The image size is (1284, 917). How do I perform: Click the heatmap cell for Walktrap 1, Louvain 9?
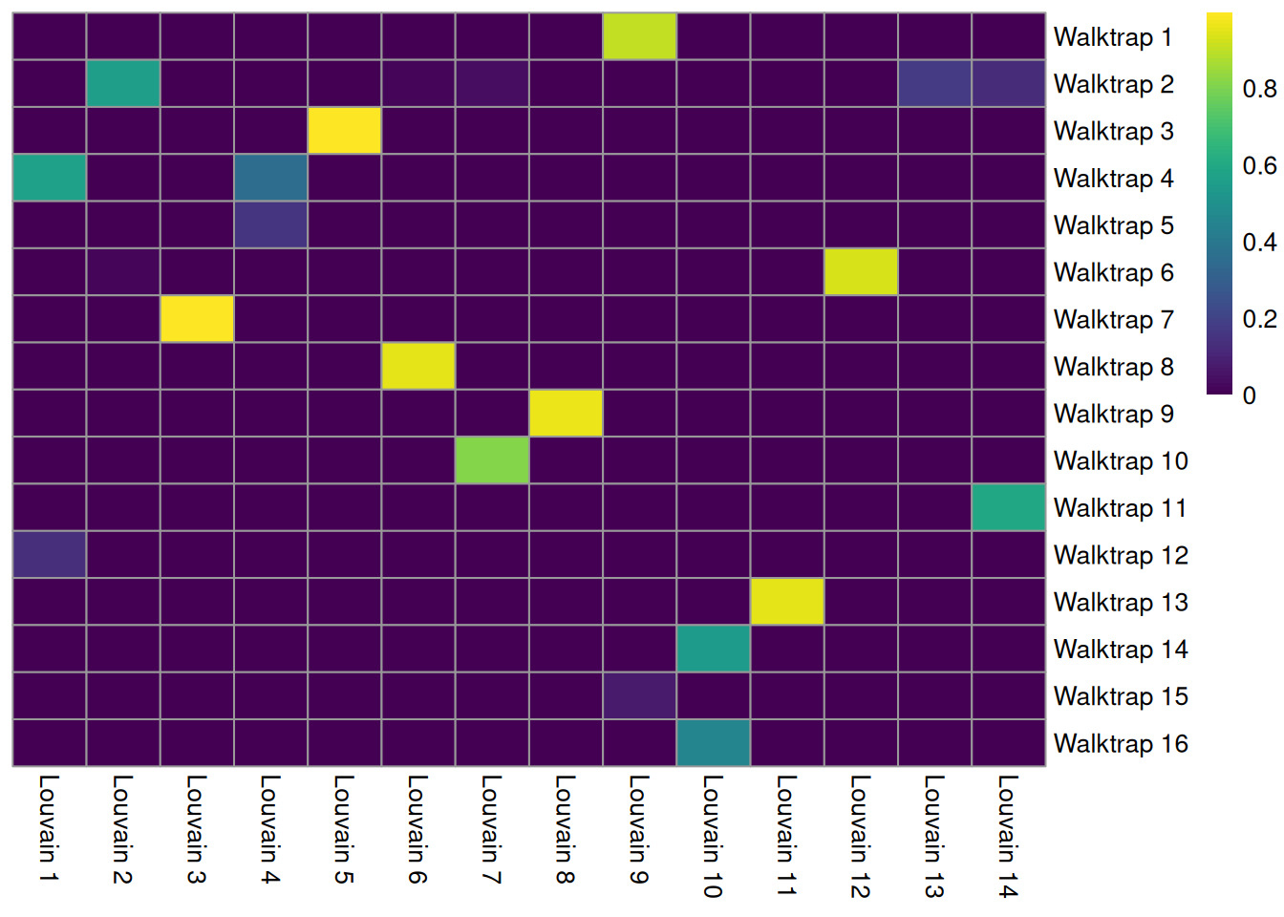[639, 36]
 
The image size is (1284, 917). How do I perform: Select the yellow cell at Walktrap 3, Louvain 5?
[344, 131]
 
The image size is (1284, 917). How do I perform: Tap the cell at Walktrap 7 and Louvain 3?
[197, 319]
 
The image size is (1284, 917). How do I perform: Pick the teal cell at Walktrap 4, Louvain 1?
[50, 178]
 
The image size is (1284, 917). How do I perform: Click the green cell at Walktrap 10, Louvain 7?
[492, 460]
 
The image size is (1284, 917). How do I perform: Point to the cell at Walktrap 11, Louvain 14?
[1008, 507]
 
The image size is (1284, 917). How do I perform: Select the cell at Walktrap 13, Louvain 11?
[787, 602]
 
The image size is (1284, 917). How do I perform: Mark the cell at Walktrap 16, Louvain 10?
[714, 743]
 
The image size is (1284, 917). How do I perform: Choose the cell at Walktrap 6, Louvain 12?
[861, 272]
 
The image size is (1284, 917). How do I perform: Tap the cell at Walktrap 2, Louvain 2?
[123, 84]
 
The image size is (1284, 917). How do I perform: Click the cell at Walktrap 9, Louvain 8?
[566, 414]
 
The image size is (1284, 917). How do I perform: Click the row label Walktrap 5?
[1113, 225]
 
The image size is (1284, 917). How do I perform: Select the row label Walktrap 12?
[1121, 555]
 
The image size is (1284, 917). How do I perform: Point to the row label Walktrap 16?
[1121, 743]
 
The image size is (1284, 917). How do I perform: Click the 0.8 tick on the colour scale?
[1258, 90]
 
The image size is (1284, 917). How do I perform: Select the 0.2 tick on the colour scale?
[1258, 319]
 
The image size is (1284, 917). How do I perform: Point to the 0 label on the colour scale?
[1250, 395]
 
